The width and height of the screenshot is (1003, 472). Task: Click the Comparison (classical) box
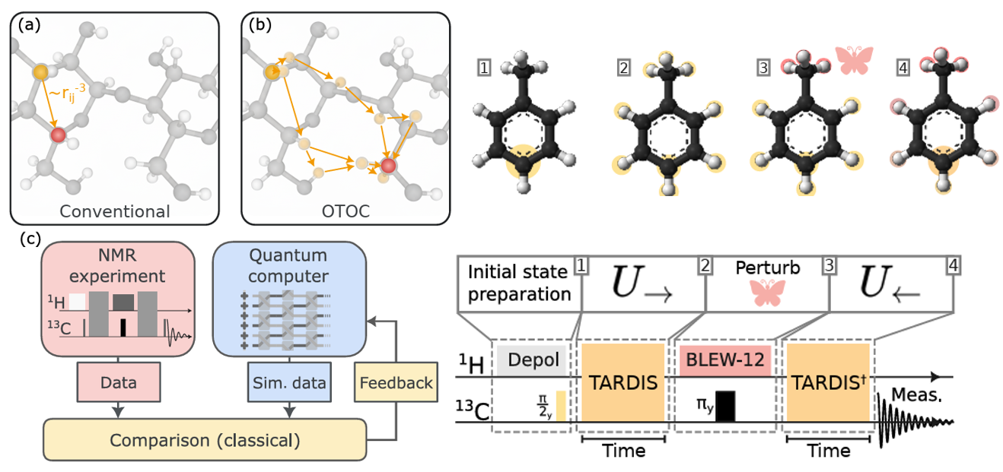[205, 439]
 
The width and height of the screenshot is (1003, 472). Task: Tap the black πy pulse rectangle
[725, 405]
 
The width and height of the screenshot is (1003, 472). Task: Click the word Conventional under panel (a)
[115, 211]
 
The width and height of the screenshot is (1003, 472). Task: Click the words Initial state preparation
[519, 282]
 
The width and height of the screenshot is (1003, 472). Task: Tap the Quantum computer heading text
[289, 266]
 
